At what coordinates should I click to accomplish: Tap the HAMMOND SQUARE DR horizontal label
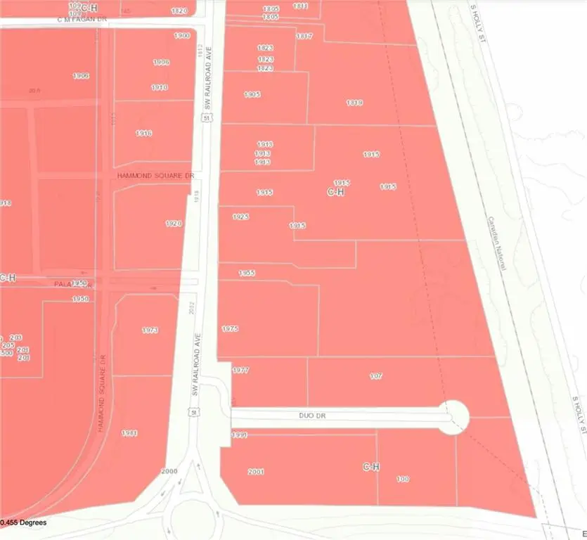point(155,175)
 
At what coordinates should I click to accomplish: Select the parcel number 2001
point(256,472)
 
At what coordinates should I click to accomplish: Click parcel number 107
point(376,376)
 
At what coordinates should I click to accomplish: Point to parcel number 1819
point(354,103)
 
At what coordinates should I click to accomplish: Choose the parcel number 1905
point(252,94)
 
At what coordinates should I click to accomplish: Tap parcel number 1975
point(230,328)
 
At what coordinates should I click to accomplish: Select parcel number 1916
point(144,133)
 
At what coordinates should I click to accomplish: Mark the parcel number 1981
point(129,432)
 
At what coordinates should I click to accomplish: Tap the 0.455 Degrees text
point(23,522)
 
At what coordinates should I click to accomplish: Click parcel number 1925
point(240,217)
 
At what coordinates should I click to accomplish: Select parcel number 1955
point(246,273)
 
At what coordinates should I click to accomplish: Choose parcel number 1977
point(240,370)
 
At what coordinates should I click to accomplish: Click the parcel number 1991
point(240,435)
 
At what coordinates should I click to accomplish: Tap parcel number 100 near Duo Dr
point(403,479)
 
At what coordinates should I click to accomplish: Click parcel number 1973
point(150,330)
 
